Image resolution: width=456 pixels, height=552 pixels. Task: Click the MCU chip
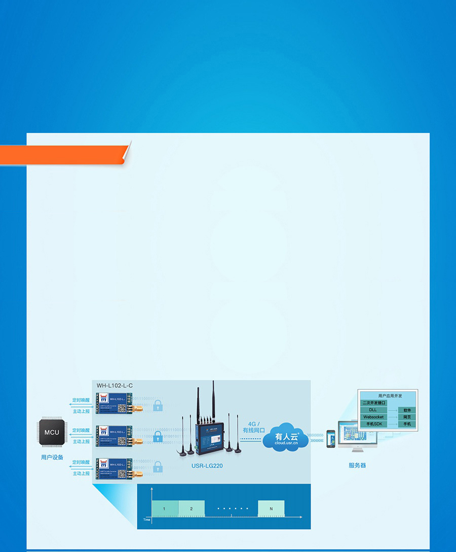click(x=52, y=432)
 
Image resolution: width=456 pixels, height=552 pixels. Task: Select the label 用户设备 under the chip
click(x=52, y=457)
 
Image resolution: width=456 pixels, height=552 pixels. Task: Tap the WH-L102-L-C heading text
click(x=115, y=386)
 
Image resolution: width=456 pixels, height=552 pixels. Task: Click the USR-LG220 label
click(x=207, y=466)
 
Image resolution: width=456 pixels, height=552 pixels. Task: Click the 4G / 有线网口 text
click(x=254, y=427)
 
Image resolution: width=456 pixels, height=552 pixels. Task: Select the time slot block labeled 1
click(x=164, y=508)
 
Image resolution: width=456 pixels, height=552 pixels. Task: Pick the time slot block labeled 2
click(x=192, y=508)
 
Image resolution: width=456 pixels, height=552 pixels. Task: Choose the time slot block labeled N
click(x=271, y=508)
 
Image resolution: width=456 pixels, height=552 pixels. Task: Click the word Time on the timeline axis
click(x=147, y=520)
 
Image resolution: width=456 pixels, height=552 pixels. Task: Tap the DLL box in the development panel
click(x=373, y=410)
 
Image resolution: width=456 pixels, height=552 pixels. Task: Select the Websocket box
click(x=373, y=417)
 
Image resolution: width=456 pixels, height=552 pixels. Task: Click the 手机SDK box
click(x=373, y=424)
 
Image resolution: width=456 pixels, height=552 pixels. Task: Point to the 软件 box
click(x=407, y=410)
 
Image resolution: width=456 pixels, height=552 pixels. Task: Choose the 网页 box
click(x=407, y=417)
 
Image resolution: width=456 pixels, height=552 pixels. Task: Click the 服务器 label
click(x=357, y=465)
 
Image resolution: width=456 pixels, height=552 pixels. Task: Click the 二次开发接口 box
click(x=374, y=403)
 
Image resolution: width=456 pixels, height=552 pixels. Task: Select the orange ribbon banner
click(x=63, y=155)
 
